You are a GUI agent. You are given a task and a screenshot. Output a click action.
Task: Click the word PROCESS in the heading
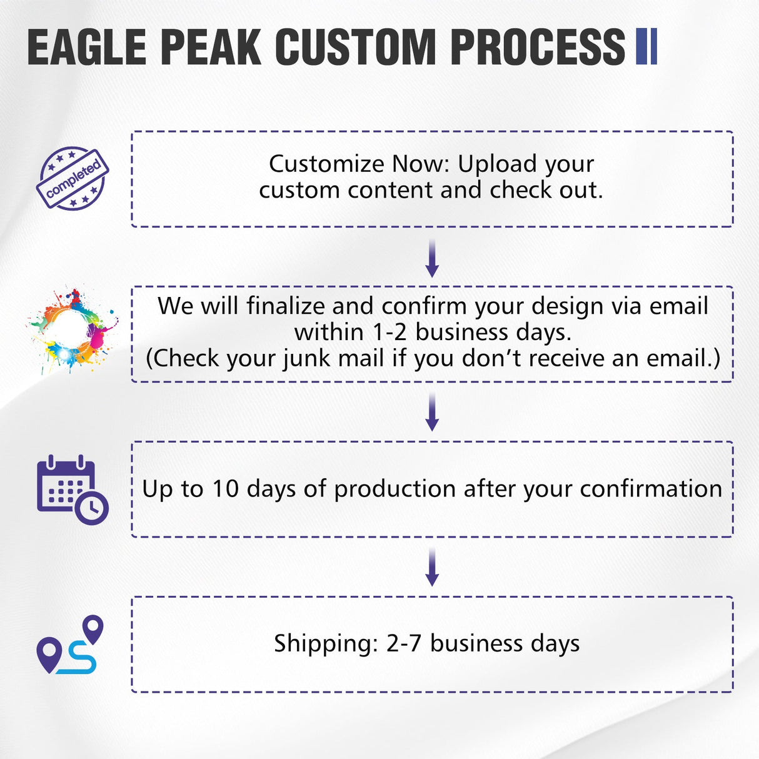(x=537, y=47)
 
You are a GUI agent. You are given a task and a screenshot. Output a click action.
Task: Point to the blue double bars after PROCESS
(x=646, y=47)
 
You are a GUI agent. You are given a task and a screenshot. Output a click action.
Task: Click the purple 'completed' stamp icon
(x=73, y=179)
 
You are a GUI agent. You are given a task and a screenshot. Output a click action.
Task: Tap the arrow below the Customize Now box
(x=431, y=258)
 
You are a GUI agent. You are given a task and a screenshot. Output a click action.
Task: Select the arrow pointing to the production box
(x=431, y=412)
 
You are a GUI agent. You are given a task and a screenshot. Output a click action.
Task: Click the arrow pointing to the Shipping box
(x=431, y=567)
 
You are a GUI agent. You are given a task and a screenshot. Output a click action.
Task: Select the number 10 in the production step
(x=225, y=489)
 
